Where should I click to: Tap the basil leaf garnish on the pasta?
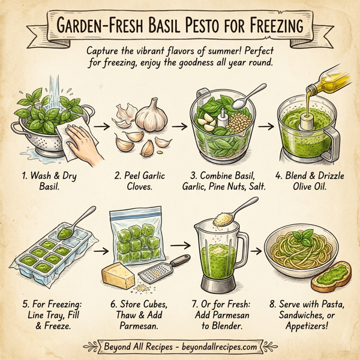tap(308, 235)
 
